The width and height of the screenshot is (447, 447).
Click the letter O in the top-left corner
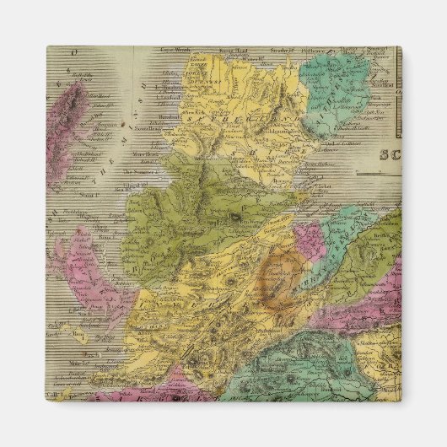tap(73, 52)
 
